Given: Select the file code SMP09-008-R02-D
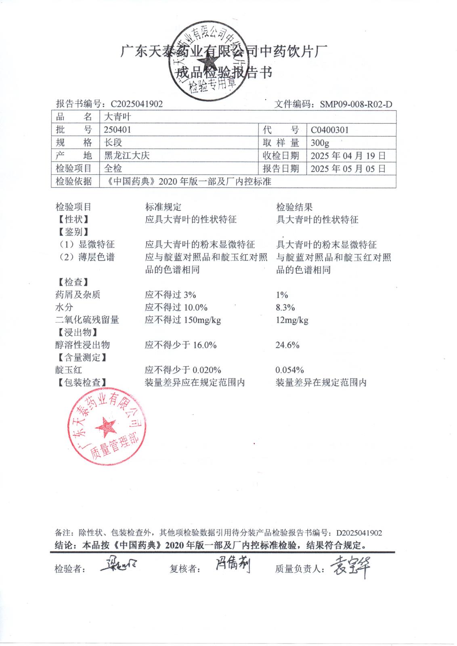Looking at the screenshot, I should click(356, 104).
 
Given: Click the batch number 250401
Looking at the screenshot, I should click(117, 130).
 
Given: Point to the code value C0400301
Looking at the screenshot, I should click(330, 130).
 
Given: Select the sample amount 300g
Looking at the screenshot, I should click(320, 143).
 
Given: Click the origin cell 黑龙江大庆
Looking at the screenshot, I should click(127, 155).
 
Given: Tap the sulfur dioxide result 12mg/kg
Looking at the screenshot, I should click(292, 320).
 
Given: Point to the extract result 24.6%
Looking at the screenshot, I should click(287, 345).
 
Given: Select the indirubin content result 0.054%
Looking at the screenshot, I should click(289, 370).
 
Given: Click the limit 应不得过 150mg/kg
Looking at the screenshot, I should click(183, 320).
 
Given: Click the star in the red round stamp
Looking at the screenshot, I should click(106, 426).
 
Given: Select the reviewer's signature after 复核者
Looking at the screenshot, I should click(232, 564).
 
